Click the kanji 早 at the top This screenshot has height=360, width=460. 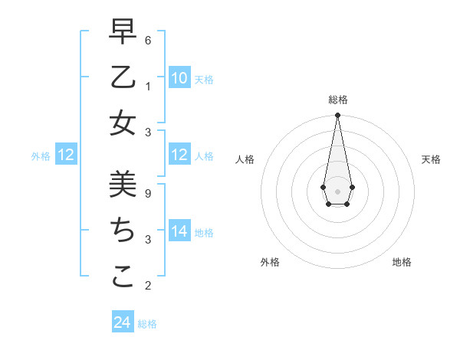point(123,31)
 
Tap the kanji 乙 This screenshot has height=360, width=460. point(123,77)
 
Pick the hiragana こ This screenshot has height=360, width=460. point(123,277)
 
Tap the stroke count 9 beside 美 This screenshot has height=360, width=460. point(148,193)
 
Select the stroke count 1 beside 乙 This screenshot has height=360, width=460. point(148,86)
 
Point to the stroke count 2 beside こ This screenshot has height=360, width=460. point(148,286)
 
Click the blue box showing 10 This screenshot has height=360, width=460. point(179,77)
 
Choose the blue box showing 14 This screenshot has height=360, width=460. point(179,231)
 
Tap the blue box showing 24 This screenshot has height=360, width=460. point(123,322)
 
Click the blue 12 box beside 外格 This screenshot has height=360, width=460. point(66,155)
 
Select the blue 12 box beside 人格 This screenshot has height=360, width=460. point(179,155)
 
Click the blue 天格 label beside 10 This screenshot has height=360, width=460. point(204,79)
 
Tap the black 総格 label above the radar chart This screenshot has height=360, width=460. point(338,100)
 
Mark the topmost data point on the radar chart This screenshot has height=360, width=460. point(337,116)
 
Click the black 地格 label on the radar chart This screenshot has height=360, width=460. point(402,262)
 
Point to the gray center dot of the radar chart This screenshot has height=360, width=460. point(337,191)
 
